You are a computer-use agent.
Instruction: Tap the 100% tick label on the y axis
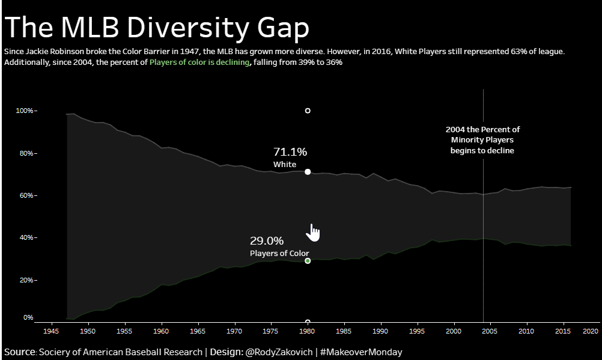tap(25, 111)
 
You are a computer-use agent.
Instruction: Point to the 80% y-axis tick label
tap(27, 153)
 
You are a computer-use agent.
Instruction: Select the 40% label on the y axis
tap(27, 238)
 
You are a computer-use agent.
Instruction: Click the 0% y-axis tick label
tap(28, 317)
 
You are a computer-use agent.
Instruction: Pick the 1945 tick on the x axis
tap(51, 331)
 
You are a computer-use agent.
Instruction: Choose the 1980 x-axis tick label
tap(308, 331)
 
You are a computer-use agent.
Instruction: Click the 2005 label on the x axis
tap(490, 331)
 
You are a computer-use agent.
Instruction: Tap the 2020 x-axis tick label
tap(591, 331)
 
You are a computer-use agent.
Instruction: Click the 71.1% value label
tap(290, 152)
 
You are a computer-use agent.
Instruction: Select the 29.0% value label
tap(266, 241)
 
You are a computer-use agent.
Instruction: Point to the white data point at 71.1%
tap(308, 172)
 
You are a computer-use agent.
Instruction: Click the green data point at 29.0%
tap(308, 261)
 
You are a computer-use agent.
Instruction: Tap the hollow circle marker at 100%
tap(308, 111)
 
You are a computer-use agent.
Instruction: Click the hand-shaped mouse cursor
tap(313, 232)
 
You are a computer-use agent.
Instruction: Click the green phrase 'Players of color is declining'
tap(199, 63)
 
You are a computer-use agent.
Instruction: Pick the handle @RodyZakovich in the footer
tap(279, 352)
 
